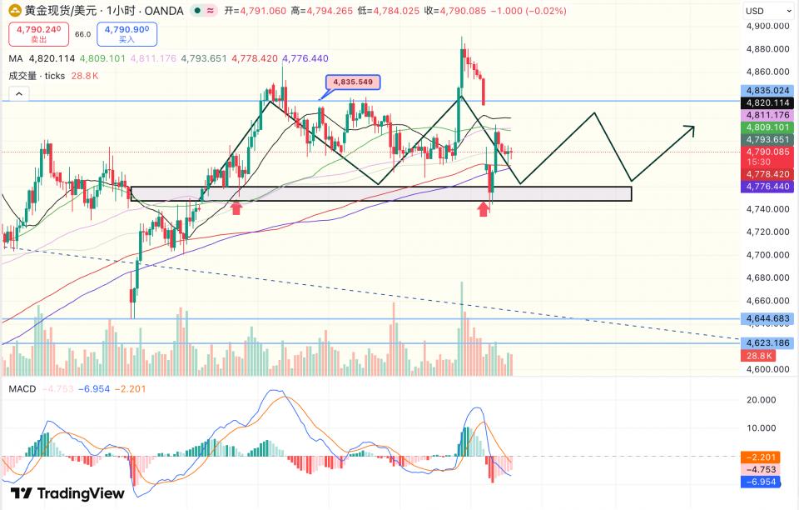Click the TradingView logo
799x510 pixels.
(67, 493)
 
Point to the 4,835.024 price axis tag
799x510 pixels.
(768, 91)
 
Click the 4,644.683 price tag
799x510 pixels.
(768, 319)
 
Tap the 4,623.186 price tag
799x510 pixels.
(768, 343)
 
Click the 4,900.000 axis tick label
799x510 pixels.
(767, 26)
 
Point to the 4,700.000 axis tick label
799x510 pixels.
(767, 255)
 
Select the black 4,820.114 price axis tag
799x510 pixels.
(768, 102)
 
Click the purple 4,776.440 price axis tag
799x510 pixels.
(768, 187)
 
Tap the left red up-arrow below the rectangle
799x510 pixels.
(236, 207)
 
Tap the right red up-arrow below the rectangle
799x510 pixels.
(484, 208)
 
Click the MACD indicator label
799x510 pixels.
(22, 389)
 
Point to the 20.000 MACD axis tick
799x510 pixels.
(761, 400)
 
